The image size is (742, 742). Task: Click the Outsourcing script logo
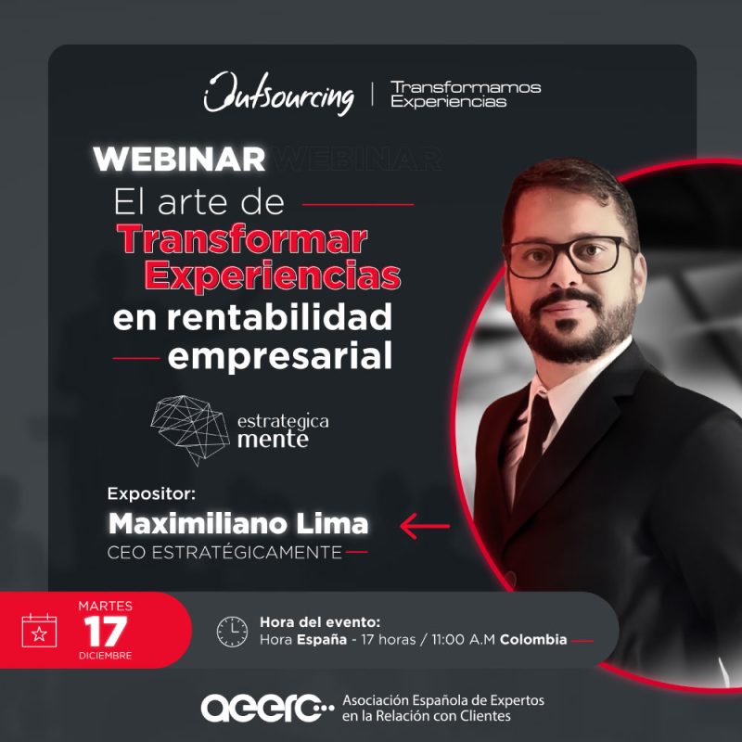[279, 94]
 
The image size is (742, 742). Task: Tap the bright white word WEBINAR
[179, 160]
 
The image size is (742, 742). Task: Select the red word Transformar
[242, 239]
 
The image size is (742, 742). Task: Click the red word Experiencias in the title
[273, 275]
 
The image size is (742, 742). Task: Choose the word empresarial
[280, 357]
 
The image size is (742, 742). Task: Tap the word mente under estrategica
[273, 440]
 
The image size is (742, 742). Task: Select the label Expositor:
[151, 494]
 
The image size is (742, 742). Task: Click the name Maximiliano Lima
[238, 524]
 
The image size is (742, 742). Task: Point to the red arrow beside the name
[425, 526]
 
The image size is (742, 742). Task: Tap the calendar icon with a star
[39, 631]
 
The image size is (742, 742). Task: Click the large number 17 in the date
[106, 632]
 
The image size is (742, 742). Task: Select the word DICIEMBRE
[106, 656]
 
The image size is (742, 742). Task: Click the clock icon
[232, 632]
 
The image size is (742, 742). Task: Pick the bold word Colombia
[533, 640]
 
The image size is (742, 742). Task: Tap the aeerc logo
[268, 708]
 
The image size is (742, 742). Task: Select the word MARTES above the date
[106, 607]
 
